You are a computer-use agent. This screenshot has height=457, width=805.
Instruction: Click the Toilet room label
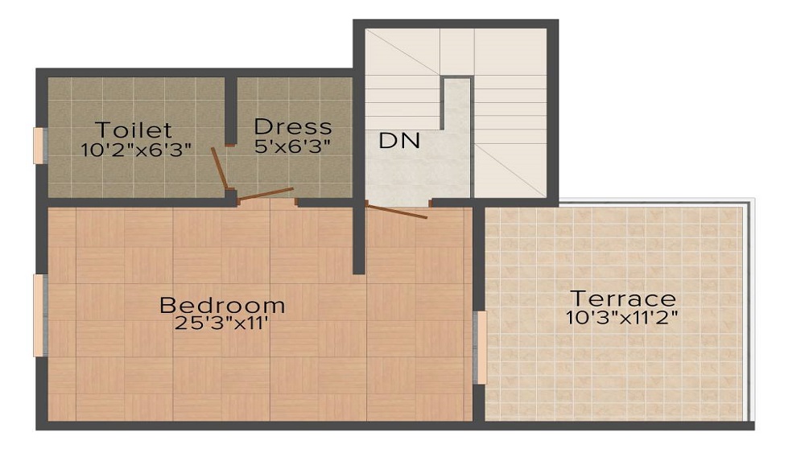(134, 130)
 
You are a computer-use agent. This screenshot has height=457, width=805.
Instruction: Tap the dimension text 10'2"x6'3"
(136, 150)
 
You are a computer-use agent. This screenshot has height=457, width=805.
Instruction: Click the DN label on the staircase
(399, 141)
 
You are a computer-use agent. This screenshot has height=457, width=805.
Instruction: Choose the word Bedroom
(222, 306)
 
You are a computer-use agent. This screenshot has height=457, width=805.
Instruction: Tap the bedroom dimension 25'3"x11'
(221, 324)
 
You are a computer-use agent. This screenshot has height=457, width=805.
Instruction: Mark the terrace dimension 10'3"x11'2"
(621, 316)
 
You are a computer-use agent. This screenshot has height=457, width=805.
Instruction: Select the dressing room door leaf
(266, 194)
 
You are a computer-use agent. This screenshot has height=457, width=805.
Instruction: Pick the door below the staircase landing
(396, 211)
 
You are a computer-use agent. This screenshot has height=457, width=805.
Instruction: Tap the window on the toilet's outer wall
(39, 146)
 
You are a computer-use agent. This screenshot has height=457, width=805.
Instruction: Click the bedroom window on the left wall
(39, 315)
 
